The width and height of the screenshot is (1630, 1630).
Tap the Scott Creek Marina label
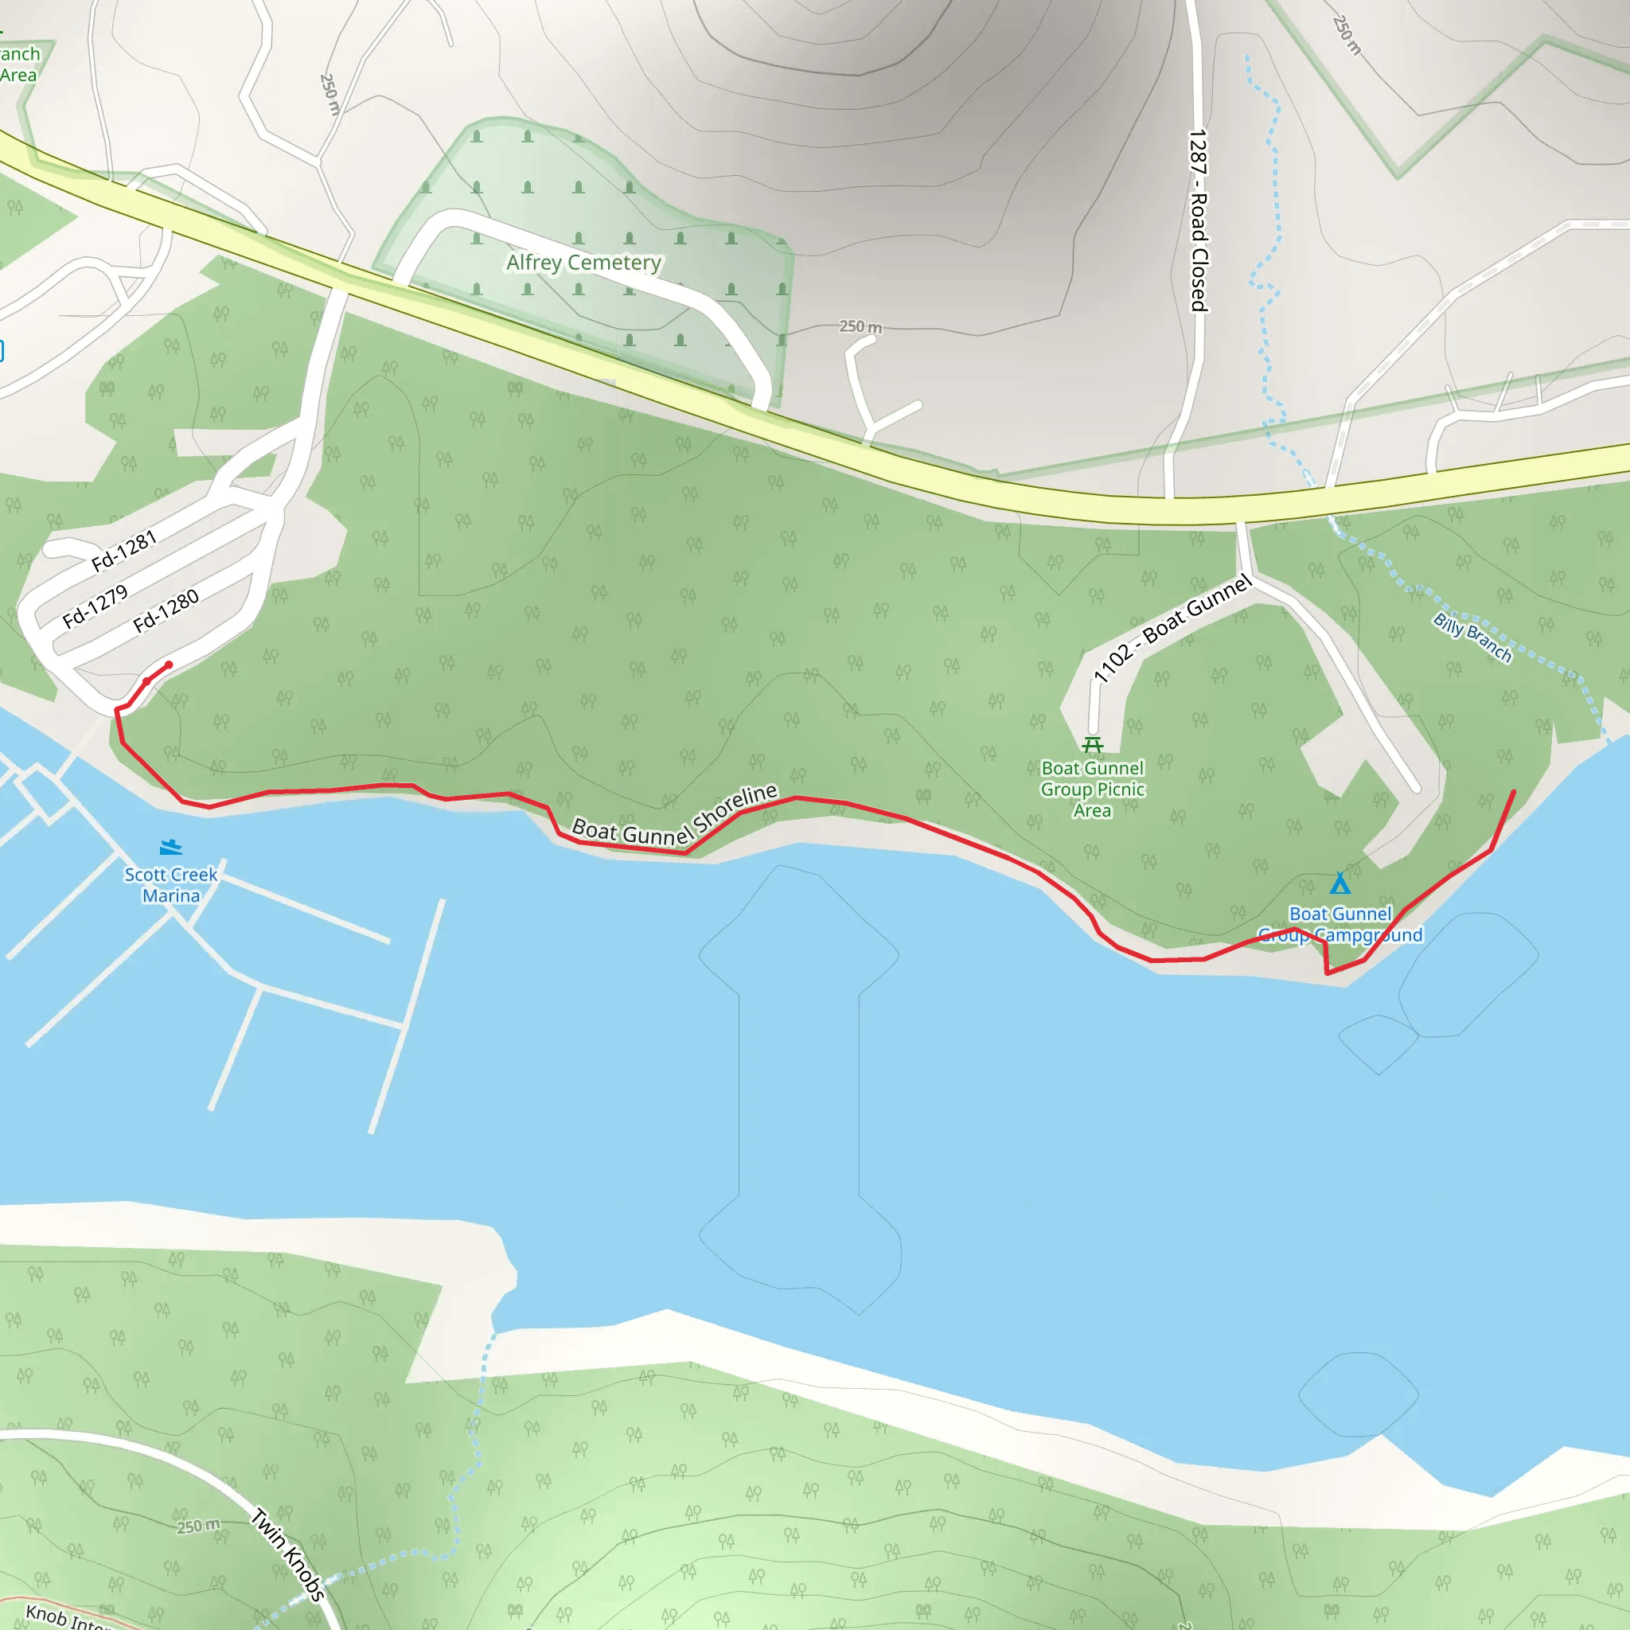coord(170,885)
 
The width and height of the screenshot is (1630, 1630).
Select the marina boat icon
coord(170,847)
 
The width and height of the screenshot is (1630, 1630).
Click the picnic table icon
coord(1093,745)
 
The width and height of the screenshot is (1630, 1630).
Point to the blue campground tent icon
coord(1339,883)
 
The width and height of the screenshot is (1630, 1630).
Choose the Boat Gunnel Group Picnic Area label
coord(1093,789)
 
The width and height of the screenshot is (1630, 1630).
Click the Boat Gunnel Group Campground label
coord(1339,925)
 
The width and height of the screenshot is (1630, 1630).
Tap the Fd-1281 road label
coord(124,550)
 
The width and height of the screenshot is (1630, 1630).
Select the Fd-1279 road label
coord(96,606)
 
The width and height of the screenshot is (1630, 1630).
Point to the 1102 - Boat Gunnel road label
coord(1172,629)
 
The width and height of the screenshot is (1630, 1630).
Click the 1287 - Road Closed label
coord(1198,221)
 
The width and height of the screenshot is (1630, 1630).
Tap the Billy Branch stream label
coord(1472,638)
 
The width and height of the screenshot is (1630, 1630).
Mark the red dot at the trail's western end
coord(169,665)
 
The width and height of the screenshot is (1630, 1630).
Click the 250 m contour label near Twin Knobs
coord(198,1527)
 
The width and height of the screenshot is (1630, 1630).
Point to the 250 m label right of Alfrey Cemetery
coord(860,326)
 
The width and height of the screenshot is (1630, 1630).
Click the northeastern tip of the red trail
coord(1515,791)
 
